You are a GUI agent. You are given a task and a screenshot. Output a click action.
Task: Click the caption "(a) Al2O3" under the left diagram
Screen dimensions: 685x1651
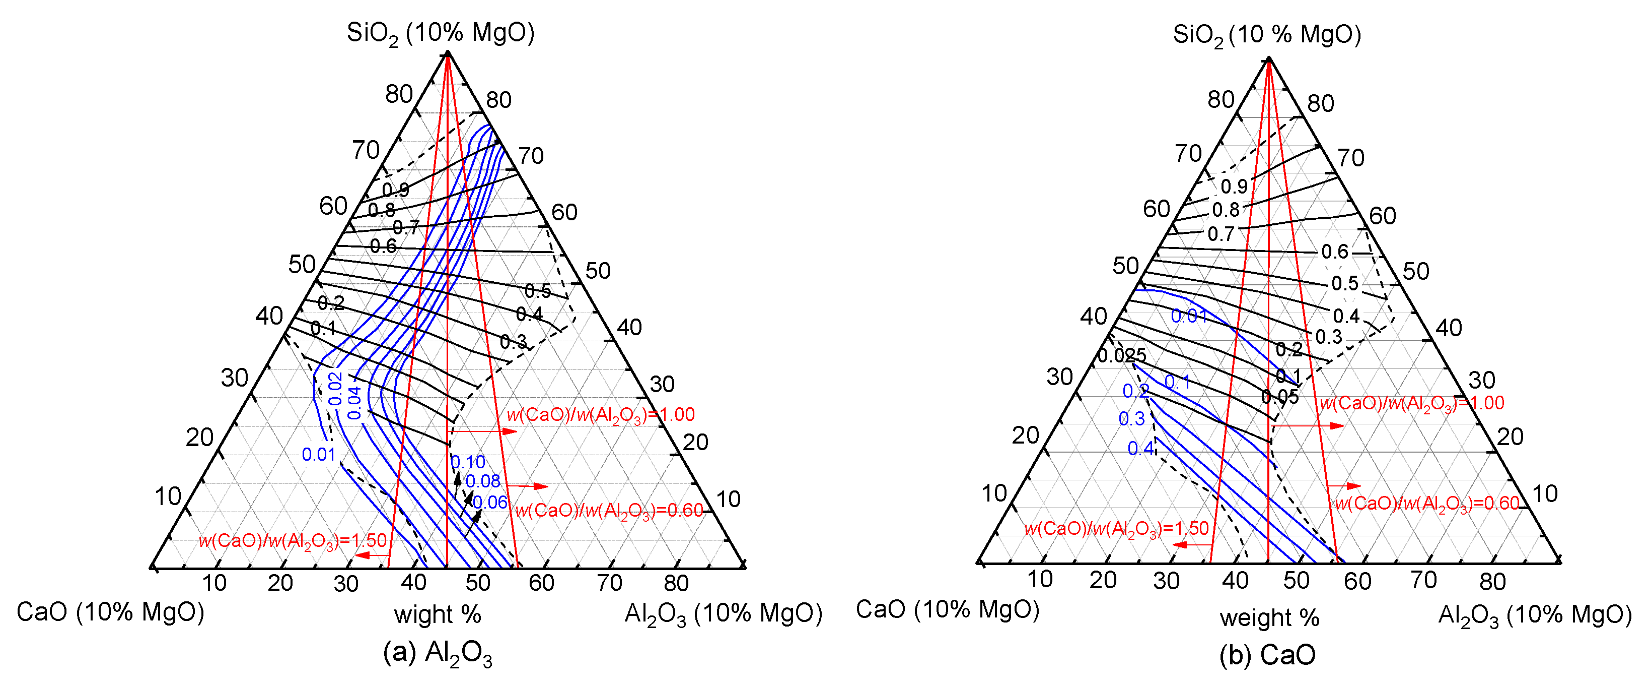click(x=437, y=654)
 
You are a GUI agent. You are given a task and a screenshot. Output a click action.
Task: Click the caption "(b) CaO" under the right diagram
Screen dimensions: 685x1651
click(x=1267, y=655)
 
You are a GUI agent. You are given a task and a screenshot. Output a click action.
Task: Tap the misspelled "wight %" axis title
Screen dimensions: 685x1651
click(x=437, y=614)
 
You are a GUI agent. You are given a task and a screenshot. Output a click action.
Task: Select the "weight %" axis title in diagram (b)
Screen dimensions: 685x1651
click(x=1269, y=617)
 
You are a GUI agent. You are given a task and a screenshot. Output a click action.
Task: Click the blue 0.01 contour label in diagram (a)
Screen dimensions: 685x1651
click(x=319, y=455)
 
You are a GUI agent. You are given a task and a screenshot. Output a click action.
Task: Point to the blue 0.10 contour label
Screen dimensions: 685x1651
click(x=468, y=462)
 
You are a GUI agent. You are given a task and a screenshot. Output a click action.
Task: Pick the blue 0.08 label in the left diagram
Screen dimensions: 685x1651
click(x=482, y=481)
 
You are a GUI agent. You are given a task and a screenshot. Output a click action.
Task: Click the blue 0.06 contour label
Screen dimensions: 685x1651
click(x=490, y=502)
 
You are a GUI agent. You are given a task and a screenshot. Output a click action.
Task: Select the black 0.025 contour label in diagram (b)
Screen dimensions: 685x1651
click(x=1122, y=355)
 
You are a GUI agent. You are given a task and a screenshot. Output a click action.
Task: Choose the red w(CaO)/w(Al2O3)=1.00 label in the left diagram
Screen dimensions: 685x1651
click(x=601, y=415)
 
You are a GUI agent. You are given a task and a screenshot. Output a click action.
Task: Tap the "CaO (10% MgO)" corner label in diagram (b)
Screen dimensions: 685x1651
click(x=947, y=609)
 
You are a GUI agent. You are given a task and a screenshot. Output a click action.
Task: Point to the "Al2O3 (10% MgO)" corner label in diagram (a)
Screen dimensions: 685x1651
click(x=723, y=614)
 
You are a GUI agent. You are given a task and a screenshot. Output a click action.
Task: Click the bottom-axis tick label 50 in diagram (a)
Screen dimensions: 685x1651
click(x=478, y=583)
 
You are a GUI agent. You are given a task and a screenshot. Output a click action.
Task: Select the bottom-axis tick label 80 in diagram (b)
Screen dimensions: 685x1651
click(x=1492, y=581)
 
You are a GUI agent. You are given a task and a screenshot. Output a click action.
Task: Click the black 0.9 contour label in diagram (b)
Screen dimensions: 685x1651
click(x=1234, y=186)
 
